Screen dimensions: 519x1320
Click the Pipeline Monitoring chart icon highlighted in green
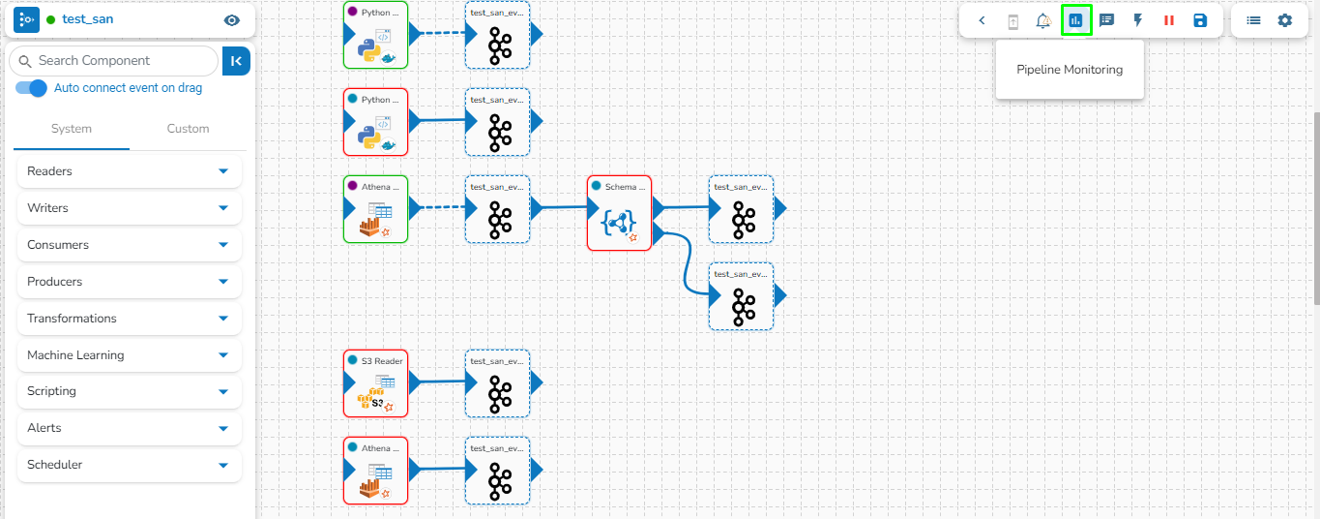point(1076,20)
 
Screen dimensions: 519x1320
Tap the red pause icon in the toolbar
point(1169,20)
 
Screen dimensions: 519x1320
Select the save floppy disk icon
point(1200,20)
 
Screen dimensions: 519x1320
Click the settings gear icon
point(1284,20)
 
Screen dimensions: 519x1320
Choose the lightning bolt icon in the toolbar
point(1138,20)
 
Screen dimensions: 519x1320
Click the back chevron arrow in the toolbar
point(983,20)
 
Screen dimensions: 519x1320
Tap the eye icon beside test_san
point(231,20)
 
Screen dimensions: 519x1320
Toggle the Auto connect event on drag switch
point(32,88)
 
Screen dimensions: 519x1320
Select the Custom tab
point(188,129)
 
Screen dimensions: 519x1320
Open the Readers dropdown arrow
point(223,171)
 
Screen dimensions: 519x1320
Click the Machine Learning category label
point(75,355)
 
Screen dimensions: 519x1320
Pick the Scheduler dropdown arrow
point(223,465)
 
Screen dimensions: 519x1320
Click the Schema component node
point(619,213)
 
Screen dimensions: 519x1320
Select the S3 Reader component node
point(375,383)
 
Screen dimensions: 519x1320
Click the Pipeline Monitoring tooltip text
point(1070,70)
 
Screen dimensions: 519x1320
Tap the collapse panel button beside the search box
point(236,61)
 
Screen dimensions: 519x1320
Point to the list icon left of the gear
point(1253,20)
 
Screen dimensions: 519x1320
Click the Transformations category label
point(72,319)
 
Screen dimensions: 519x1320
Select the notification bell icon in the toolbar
point(1043,20)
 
